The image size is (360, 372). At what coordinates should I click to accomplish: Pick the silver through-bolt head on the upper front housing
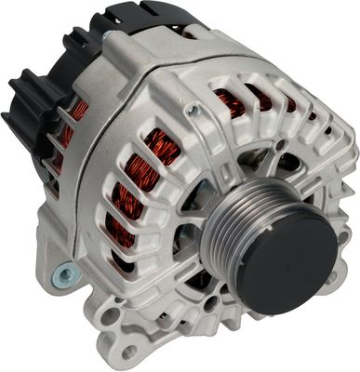click(193, 110)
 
